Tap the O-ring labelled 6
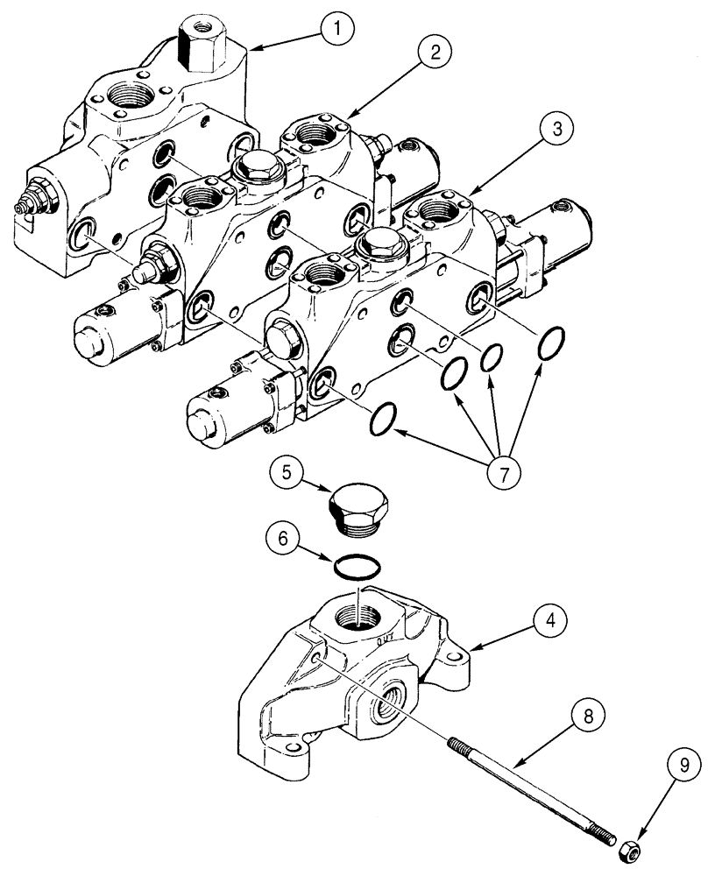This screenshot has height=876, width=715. pyautogui.click(x=357, y=568)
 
